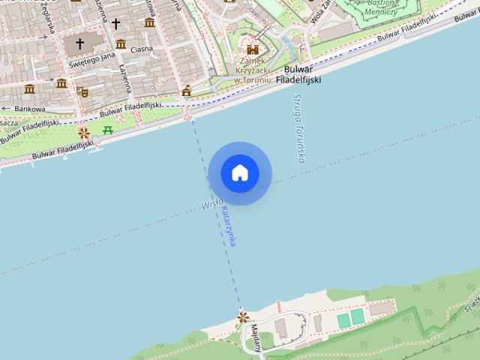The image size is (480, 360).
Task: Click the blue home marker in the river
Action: [240, 173]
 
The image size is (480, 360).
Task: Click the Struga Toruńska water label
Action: [298, 127]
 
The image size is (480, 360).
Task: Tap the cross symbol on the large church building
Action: [80, 44]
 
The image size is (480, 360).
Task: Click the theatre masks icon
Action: [82, 91]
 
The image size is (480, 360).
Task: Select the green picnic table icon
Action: [108, 130]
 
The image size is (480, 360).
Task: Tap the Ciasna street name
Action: [141, 49]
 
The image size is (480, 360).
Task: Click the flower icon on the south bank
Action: [242, 317]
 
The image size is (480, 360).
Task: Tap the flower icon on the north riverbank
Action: [84, 133]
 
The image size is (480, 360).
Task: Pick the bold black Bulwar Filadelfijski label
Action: [298, 73]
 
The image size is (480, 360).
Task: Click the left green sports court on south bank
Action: [344, 319]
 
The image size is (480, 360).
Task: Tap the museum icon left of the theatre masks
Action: [30, 89]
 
